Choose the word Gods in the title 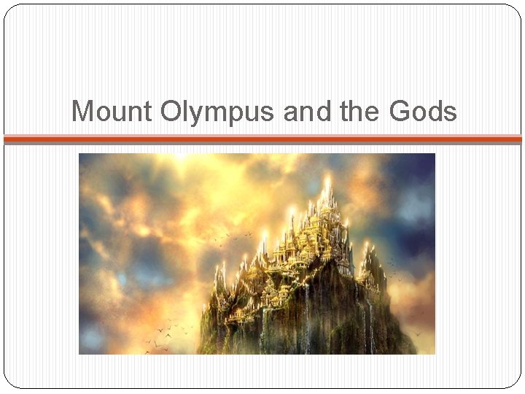click(x=424, y=112)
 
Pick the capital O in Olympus click(x=170, y=112)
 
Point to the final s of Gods click(x=451, y=113)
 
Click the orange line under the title click(x=262, y=138)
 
